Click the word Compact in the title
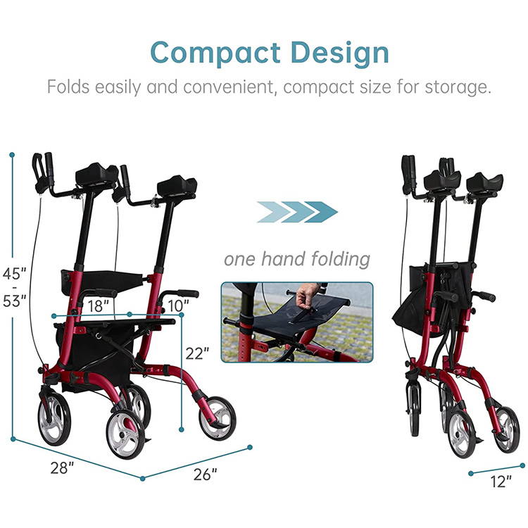pyautogui.click(x=215, y=53)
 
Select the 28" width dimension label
pyautogui.click(x=62, y=467)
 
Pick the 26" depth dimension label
pyautogui.click(x=205, y=474)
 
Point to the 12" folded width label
pyautogui.click(x=501, y=482)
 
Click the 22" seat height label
pyautogui.click(x=197, y=353)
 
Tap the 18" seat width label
pyautogui.click(x=99, y=306)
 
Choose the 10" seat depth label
pyautogui.click(x=178, y=306)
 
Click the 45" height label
pyautogui.click(x=14, y=273)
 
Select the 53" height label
pyautogui.click(x=14, y=301)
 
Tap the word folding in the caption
pyautogui.click(x=341, y=259)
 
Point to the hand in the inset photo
pyautogui.click(x=306, y=295)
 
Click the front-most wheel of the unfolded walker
pyautogui.click(x=125, y=434)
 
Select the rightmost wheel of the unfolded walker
pyautogui.click(x=218, y=418)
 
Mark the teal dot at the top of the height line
pyautogui.click(x=12, y=155)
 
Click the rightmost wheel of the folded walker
pyautogui.click(x=506, y=429)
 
